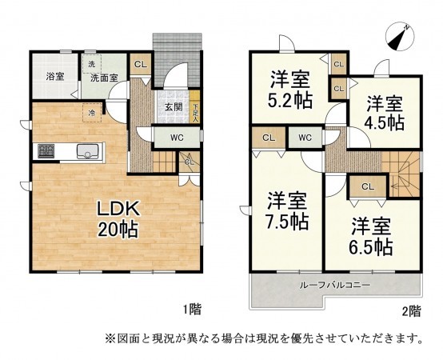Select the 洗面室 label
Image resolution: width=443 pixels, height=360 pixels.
pyautogui.click(x=103, y=78)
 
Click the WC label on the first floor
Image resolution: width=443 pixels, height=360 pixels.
pyautogui.click(x=176, y=137)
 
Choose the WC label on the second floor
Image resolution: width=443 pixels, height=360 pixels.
pyautogui.click(x=305, y=138)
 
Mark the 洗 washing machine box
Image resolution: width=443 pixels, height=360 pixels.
pyautogui.click(x=90, y=64)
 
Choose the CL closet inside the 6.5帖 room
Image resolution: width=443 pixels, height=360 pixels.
pyautogui.click(x=368, y=187)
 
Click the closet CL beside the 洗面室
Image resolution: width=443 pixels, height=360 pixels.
pyautogui.click(x=139, y=64)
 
